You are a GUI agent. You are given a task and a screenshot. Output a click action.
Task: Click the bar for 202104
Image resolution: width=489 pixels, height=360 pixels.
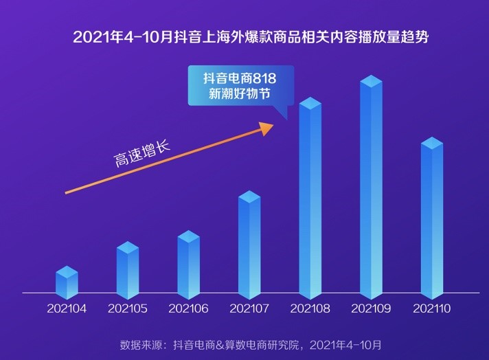(x=67, y=283)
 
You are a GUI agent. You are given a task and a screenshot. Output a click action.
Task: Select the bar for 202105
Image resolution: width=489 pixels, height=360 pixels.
(x=128, y=271)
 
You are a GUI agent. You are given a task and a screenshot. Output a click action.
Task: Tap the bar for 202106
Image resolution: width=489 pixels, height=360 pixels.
(x=188, y=266)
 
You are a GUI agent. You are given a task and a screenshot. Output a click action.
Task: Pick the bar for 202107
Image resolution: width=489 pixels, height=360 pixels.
(x=249, y=246)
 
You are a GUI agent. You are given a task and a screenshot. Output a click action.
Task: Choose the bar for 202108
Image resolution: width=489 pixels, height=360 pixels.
(x=310, y=199)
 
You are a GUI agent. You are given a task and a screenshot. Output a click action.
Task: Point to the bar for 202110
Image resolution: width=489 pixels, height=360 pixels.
(x=432, y=218)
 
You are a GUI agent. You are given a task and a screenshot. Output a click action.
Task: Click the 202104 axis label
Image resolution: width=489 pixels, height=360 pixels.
(x=67, y=309)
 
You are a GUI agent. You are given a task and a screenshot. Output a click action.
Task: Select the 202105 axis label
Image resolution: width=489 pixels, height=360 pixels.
(x=128, y=309)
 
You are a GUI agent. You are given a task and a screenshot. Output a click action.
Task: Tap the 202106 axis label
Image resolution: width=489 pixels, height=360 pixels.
(x=188, y=309)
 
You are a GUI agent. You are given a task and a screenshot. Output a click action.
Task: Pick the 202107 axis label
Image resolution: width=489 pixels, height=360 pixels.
(x=249, y=309)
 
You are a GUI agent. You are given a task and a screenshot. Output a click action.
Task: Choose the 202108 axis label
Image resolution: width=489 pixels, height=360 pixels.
(x=310, y=309)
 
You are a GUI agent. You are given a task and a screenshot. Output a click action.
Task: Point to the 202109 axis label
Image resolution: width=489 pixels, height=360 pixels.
(x=371, y=309)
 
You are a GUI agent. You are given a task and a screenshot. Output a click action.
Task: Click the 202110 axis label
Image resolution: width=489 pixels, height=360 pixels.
(x=432, y=309)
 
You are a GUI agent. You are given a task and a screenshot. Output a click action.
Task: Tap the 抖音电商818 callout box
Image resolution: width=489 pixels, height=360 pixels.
(x=240, y=86)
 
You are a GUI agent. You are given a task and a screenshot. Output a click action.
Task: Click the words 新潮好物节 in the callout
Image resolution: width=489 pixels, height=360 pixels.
(x=240, y=94)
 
